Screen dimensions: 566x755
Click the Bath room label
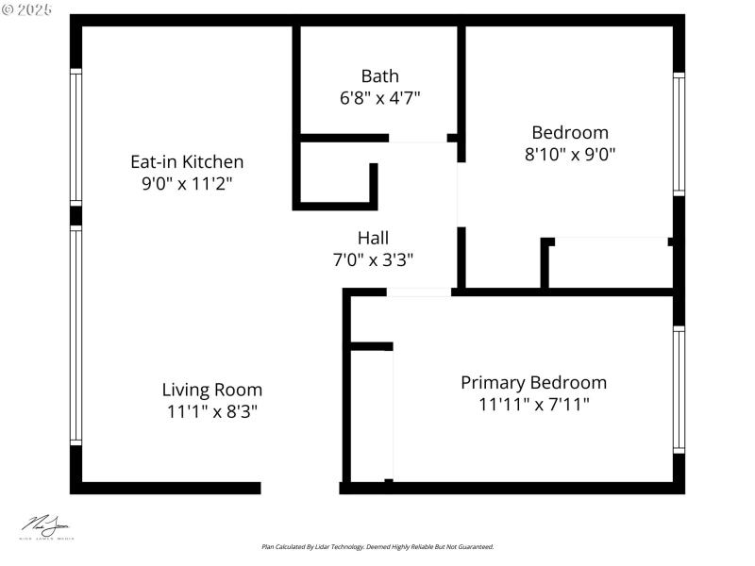tap(379, 76)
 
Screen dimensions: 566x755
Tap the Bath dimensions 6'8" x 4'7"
tap(379, 98)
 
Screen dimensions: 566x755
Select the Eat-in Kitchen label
tap(187, 162)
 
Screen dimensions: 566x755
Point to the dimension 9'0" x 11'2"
tap(187, 184)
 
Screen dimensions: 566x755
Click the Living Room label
tap(212, 390)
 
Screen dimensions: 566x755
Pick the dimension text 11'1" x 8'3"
tap(212, 411)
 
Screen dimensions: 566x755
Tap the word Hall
tap(373, 238)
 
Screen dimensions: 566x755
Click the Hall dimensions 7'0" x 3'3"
tap(373, 259)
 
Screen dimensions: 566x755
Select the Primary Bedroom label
tap(533, 383)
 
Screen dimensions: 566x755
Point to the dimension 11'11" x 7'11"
tap(533, 405)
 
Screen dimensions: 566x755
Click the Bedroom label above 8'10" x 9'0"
tap(570, 133)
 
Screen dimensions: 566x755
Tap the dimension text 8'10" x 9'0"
tap(570, 155)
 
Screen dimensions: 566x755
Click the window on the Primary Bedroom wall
tap(679, 389)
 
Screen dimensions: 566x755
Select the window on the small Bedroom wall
tap(679, 134)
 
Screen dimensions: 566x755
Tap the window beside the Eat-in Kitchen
tap(76, 136)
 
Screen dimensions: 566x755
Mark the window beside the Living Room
tap(76, 336)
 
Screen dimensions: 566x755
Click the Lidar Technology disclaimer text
tap(377, 546)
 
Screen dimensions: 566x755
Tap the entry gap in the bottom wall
tap(300, 488)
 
